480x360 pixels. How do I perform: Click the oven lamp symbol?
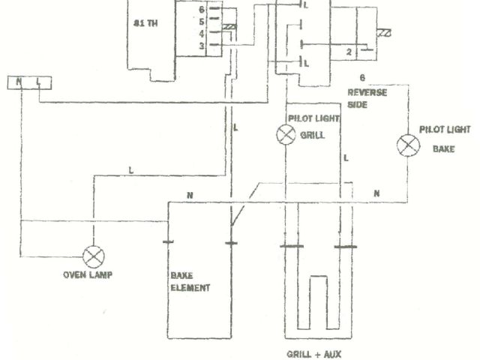point(94,257)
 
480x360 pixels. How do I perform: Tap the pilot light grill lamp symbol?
point(286,135)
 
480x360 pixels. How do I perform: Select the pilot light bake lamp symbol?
point(409,145)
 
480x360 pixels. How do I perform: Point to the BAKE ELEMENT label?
point(185,281)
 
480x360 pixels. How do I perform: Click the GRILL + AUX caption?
point(313,353)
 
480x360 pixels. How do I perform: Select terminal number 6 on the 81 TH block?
point(202,10)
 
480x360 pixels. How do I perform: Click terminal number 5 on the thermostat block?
point(202,22)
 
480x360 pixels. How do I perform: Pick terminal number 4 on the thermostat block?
point(202,33)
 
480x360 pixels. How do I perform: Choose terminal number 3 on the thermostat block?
point(202,46)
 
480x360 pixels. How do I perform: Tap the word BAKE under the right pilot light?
point(443,148)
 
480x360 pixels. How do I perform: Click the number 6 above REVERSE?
point(363,77)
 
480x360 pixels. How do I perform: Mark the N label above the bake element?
point(190,195)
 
